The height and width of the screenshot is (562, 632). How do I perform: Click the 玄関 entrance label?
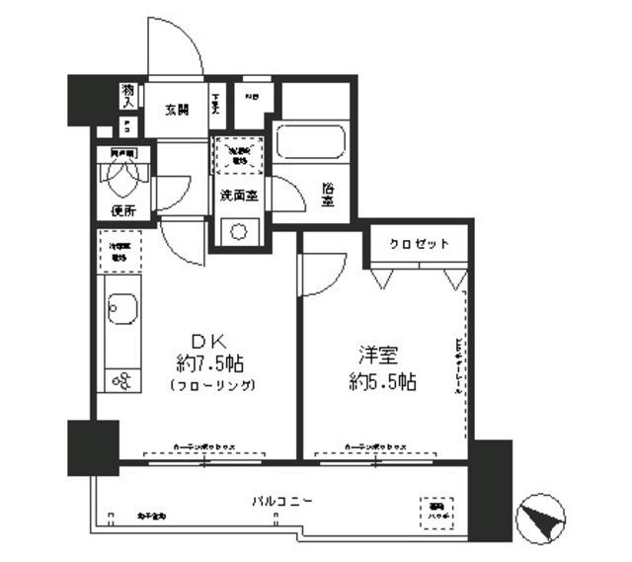[x=179, y=109]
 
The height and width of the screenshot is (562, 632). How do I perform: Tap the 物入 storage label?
[x=128, y=95]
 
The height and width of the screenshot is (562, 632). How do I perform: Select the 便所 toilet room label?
[x=122, y=209]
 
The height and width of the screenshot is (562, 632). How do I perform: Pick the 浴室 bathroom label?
[x=327, y=193]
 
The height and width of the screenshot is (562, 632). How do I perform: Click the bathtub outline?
[x=312, y=141]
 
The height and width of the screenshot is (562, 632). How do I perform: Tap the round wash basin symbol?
[x=238, y=232]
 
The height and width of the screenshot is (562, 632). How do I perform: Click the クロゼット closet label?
[x=418, y=244]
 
